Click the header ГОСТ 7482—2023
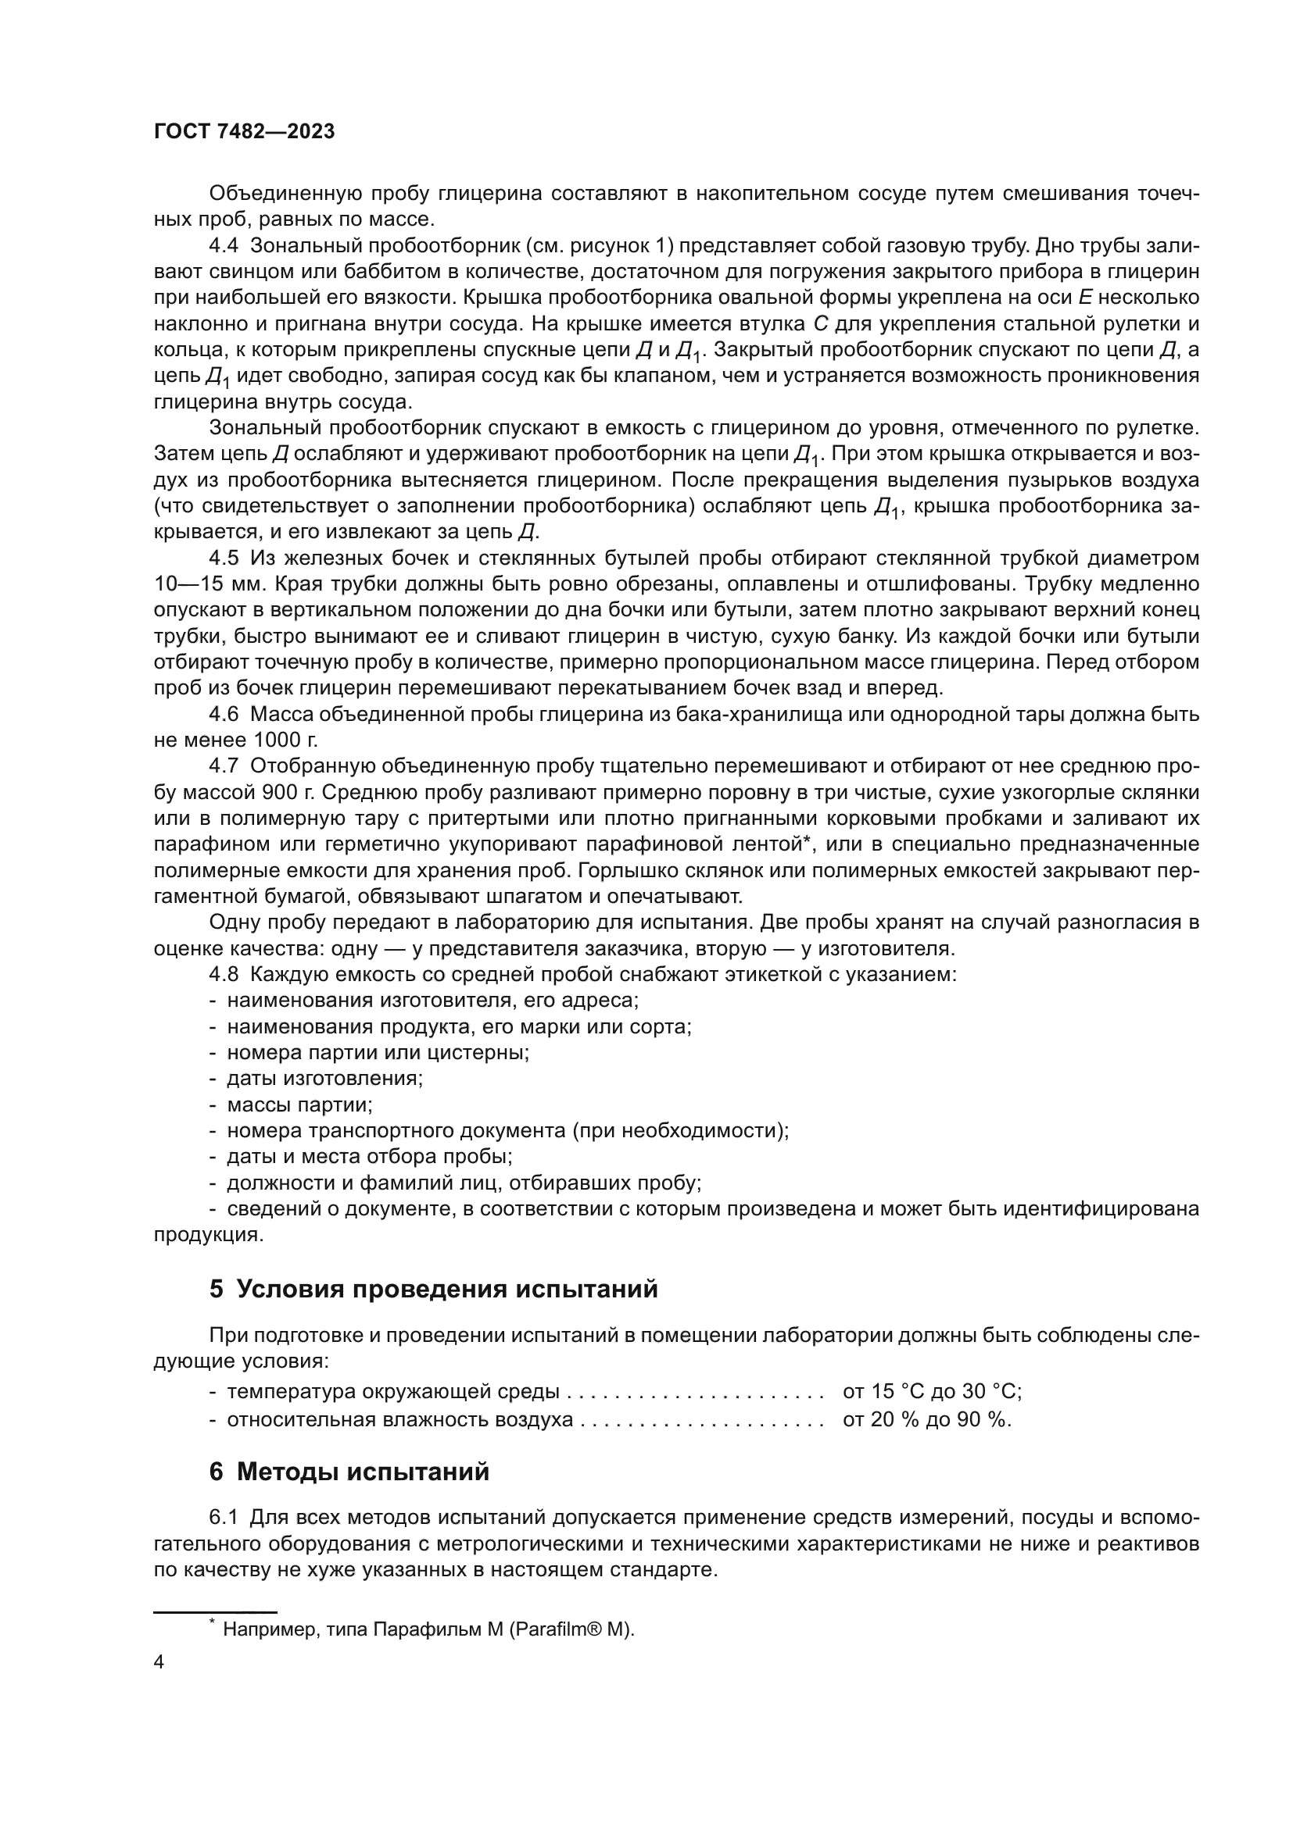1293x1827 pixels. [x=244, y=132]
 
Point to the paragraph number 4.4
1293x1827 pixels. [x=224, y=246]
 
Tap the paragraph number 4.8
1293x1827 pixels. [x=224, y=974]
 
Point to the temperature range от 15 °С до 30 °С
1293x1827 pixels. [x=932, y=1392]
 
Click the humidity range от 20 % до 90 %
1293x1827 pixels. [x=927, y=1419]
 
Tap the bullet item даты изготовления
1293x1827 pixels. [x=325, y=1078]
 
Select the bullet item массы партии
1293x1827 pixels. [x=299, y=1104]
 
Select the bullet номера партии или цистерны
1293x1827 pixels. [x=378, y=1052]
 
